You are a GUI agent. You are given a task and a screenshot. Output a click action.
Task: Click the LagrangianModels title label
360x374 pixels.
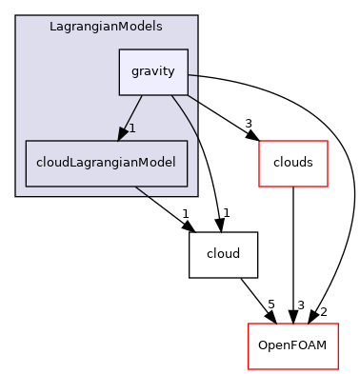pos(106,27)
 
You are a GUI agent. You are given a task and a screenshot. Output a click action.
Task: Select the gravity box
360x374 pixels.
pos(152,72)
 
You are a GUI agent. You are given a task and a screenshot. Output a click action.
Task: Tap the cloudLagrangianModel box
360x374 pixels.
pos(106,163)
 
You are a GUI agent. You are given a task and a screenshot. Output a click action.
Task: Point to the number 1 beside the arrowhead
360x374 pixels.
pos(132,128)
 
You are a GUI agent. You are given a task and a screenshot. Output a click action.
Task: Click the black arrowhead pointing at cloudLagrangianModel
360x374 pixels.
pos(123,133)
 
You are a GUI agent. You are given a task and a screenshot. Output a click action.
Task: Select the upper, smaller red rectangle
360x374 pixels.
pos(292,163)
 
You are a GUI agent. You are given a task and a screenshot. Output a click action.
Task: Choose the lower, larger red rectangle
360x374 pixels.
pos(292,346)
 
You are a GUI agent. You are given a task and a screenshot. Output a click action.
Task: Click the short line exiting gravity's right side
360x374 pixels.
pos(192,75)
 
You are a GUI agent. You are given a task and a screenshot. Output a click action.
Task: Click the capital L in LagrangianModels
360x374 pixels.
pos(53,27)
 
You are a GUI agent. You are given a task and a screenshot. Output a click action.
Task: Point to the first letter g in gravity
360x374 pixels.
pos(133,72)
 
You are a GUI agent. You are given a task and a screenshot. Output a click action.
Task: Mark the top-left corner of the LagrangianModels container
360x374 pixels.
pos(16,16)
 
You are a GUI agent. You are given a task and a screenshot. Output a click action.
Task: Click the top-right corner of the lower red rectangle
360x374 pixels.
pos(337,325)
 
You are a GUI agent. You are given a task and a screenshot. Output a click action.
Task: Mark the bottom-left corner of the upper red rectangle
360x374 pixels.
pos(260,186)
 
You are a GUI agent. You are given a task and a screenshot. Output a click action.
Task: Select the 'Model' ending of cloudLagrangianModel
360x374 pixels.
pos(156,163)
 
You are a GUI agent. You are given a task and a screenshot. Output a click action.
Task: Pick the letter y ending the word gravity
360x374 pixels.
pos(171,73)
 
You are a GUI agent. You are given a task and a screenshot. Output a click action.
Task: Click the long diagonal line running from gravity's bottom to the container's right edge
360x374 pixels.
pos(185,116)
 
